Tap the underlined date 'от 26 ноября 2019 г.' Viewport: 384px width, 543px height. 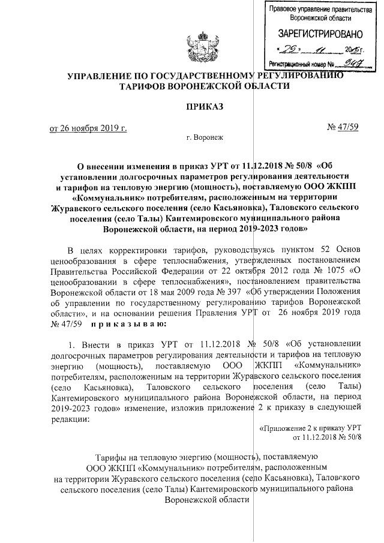pyautogui.click(x=88, y=127)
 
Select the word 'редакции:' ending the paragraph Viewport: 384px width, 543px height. pyautogui.click(x=70, y=419)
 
